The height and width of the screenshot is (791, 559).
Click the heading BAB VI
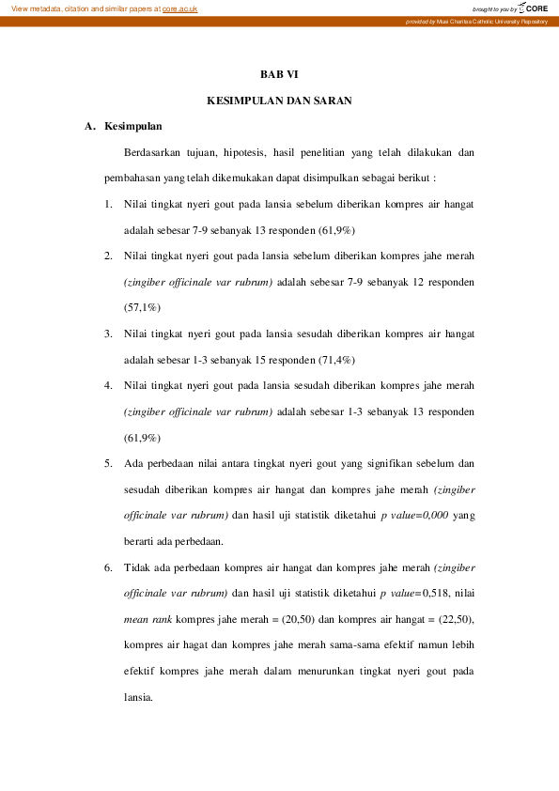279,73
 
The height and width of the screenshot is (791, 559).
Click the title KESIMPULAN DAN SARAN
279,100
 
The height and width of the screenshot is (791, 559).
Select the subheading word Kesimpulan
133,126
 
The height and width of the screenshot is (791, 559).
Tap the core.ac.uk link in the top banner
179,8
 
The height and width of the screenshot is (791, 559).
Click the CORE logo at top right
532,8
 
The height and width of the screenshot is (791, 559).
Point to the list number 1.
109,204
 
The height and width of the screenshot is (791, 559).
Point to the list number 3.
109,333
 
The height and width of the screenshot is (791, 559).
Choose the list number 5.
109,463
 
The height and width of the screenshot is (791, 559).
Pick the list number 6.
109,567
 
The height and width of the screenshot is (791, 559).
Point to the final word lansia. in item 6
138,698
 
